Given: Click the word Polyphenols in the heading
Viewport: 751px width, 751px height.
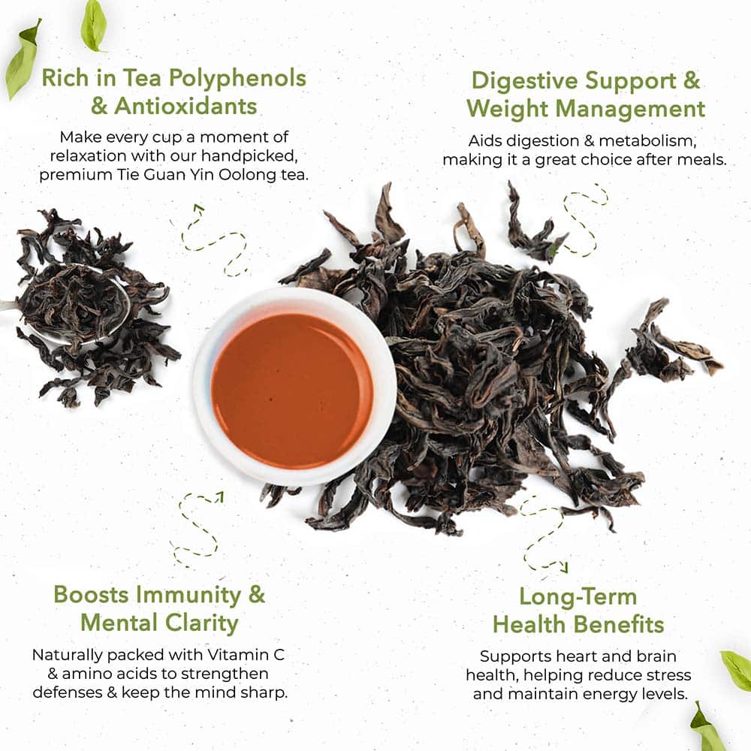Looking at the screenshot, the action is [x=237, y=78].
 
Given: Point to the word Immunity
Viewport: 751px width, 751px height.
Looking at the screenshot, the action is [x=189, y=595].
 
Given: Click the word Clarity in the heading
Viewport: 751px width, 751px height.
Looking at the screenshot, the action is [x=201, y=623].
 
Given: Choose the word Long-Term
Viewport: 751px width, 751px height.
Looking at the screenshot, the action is [x=578, y=597].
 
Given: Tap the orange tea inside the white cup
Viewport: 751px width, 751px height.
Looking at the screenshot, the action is [x=292, y=391].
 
